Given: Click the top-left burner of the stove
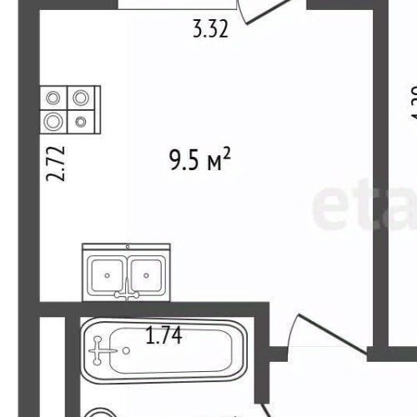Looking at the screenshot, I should (54, 98).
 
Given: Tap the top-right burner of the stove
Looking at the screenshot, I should (81, 98).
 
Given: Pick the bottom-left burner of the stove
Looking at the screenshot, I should (54, 121).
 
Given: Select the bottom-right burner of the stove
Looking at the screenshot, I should (81, 121).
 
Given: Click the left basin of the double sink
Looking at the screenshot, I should (106, 270).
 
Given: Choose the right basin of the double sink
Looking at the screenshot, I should (147, 270).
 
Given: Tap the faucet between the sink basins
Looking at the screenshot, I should (127, 288).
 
